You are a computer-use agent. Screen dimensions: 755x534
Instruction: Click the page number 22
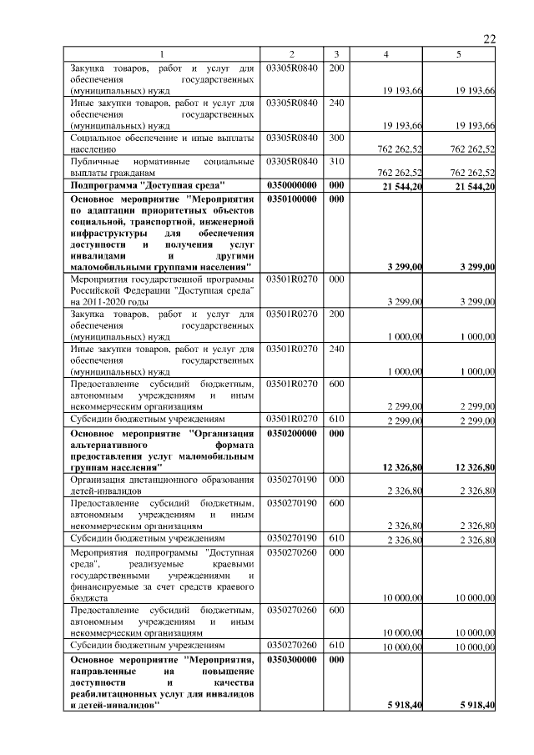[489, 38]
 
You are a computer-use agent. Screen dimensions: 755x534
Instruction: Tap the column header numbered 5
[459, 54]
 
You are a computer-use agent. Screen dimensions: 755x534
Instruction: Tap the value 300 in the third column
[336, 137]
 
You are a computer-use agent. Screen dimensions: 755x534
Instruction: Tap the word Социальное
[97, 137]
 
